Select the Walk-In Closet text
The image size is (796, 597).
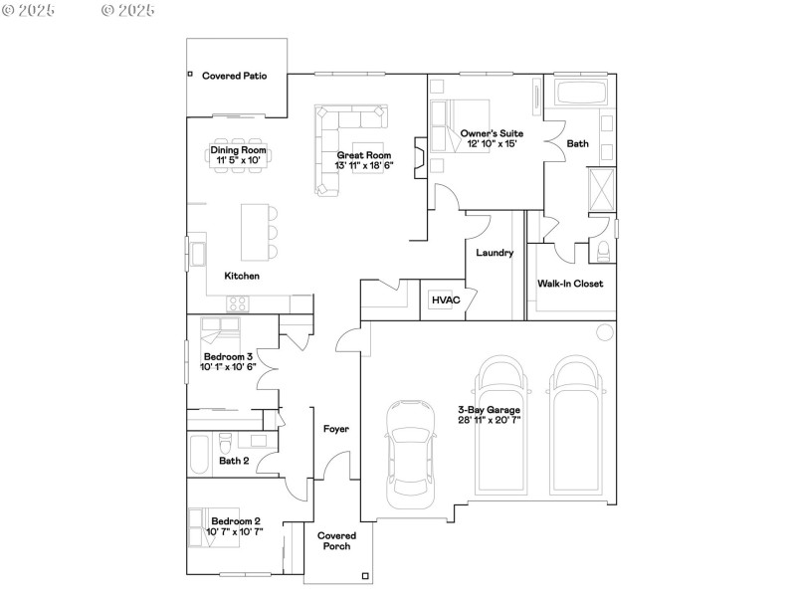pyautogui.click(x=570, y=284)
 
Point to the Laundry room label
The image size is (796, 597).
pyautogui.click(x=495, y=253)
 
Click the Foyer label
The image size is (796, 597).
pyautogui.click(x=335, y=429)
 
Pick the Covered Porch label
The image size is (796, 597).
pyautogui.click(x=336, y=540)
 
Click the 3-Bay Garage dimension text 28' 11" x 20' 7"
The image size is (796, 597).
pyautogui.click(x=489, y=420)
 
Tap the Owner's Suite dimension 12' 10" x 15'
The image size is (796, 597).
pyautogui.click(x=491, y=143)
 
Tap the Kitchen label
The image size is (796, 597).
pyautogui.click(x=242, y=276)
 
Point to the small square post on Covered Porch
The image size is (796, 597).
pyautogui.click(x=365, y=576)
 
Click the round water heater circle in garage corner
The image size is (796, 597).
pyautogui.click(x=604, y=331)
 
